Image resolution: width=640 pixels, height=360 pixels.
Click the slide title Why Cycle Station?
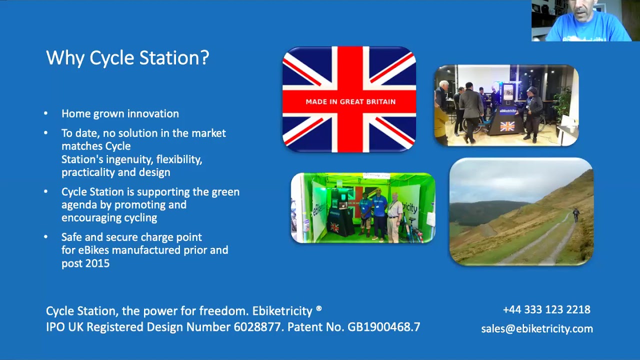click(x=127, y=58)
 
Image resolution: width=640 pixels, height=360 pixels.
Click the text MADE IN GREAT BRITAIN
click(x=350, y=101)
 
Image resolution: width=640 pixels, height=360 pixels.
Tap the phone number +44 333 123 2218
click(x=546, y=309)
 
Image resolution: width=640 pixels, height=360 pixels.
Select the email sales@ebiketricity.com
click(x=537, y=328)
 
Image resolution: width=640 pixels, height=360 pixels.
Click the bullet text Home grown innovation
click(x=120, y=113)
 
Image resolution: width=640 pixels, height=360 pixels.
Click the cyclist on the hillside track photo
click(x=575, y=215)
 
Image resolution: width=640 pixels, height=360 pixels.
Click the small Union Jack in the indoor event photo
click(x=507, y=126)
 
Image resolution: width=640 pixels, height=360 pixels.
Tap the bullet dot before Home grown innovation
click(x=46, y=113)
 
